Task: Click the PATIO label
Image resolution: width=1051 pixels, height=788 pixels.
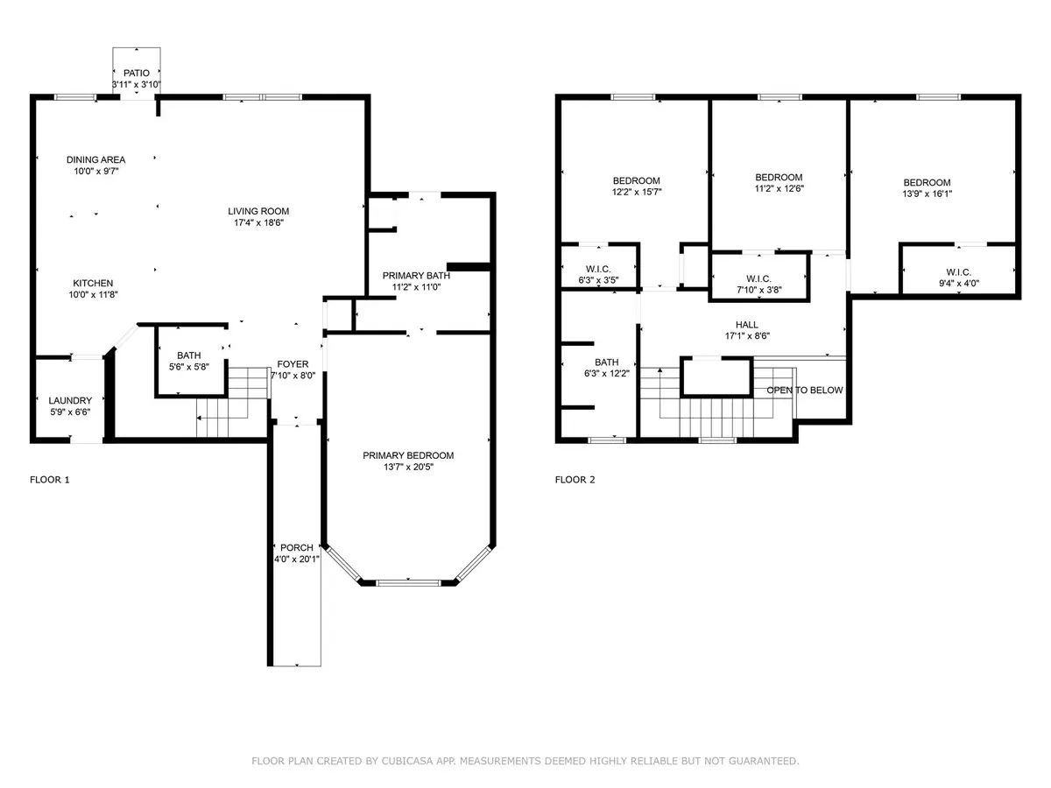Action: pos(137,73)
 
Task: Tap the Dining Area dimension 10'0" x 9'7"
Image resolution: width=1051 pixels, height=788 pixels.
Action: pos(95,172)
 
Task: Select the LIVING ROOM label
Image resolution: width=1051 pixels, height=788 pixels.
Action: pos(258,211)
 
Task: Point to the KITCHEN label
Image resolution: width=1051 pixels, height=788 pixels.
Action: pos(93,283)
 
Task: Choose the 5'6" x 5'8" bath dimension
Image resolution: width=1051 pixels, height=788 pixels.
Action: pos(189,368)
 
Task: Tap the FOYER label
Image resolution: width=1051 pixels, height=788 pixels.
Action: pos(293,363)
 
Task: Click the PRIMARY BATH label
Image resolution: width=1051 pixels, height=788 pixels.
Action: pos(416,275)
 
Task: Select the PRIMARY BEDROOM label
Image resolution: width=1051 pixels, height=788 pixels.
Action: pos(408,455)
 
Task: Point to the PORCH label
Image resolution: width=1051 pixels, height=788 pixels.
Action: pos(296,547)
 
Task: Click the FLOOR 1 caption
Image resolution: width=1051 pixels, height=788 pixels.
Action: pos(49,480)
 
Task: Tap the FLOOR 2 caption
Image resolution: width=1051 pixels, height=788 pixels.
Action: pos(575,480)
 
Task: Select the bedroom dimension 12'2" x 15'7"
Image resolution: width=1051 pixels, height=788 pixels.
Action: pos(637,193)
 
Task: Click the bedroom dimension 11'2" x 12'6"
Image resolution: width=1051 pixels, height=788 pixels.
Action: pos(779,188)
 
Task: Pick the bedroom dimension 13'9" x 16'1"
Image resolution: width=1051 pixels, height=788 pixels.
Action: pos(927,194)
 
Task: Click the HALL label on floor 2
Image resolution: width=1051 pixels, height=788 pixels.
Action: pos(746,324)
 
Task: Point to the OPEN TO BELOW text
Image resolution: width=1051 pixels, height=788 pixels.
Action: pos(805,390)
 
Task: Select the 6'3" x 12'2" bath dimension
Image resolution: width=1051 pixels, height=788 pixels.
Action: pos(606,374)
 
